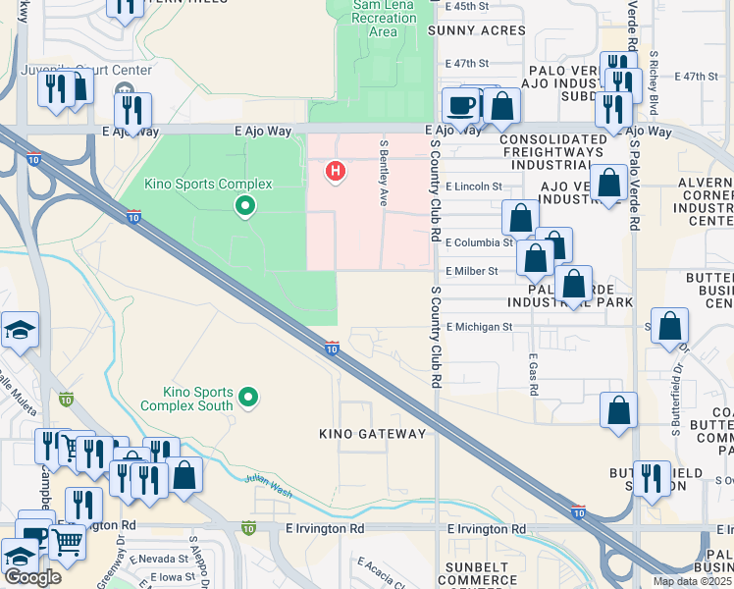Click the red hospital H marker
coord(336,172)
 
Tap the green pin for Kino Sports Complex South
coord(248,397)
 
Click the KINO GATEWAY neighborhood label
coord(373,433)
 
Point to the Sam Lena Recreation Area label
coord(384,19)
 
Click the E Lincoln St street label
coord(473,186)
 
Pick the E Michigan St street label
coord(479,326)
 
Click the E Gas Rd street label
coord(532,375)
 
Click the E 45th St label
coord(466,6)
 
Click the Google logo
coord(32,576)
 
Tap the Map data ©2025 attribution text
coord(692,581)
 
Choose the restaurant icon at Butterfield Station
coord(651,479)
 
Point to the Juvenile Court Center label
coord(88,70)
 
